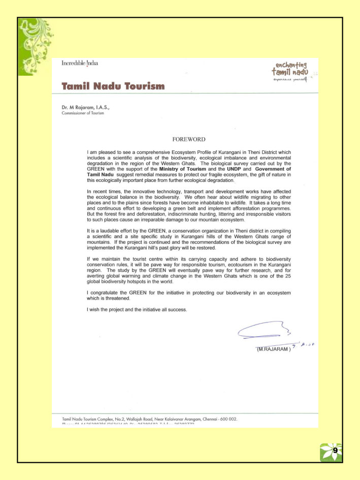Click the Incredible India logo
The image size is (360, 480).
pos(80,63)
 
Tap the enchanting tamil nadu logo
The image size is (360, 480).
pos(291,72)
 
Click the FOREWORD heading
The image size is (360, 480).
pos(189,138)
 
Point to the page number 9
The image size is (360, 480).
pos(335,450)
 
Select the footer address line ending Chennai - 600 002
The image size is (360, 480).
pos(149,419)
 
